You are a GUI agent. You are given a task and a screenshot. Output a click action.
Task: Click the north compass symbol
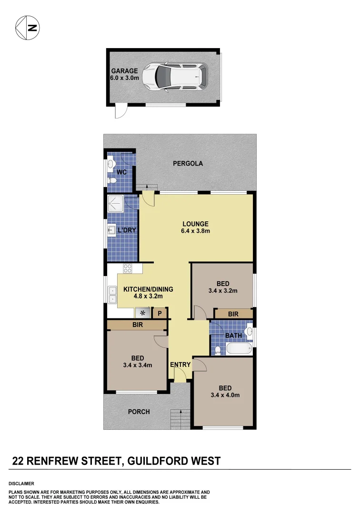[x=27, y=27]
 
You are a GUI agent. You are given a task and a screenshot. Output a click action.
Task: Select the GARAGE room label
[x=124, y=71]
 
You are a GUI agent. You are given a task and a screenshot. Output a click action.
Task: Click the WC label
[x=122, y=172]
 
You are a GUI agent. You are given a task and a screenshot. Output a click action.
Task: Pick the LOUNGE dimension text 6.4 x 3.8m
[x=195, y=231]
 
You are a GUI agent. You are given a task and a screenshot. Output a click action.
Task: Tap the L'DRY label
[x=127, y=231]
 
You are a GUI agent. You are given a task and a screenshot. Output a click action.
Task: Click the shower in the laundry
[x=116, y=203]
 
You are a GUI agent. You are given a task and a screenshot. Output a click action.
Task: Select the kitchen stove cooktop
[x=128, y=268]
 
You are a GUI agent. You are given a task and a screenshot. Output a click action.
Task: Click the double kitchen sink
[x=112, y=295]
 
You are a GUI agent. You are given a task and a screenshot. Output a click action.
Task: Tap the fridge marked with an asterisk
[x=142, y=313]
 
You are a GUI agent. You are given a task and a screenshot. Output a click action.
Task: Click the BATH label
[x=233, y=336]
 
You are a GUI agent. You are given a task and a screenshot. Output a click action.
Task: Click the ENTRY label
[x=180, y=365]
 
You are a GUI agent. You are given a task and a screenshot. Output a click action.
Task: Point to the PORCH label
[x=139, y=412]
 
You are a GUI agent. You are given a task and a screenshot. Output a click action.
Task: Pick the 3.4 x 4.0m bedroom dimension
[x=225, y=395]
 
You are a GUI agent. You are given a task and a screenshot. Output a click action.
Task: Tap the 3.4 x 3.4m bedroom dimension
[x=138, y=366]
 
